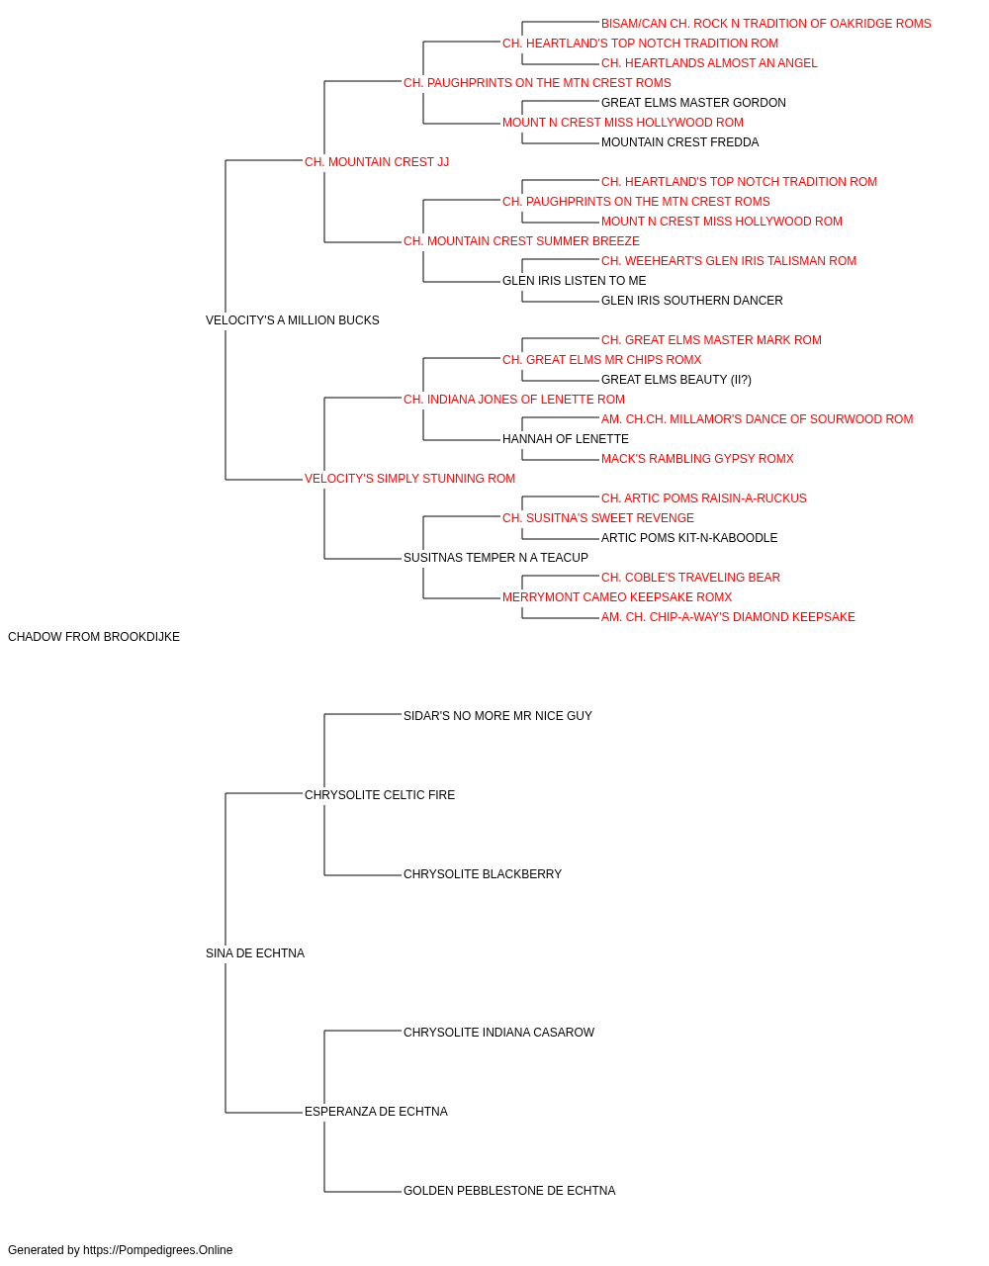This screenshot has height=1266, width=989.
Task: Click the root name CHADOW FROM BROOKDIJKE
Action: pyautogui.click(x=94, y=637)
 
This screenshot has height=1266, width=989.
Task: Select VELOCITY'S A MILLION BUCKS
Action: pyautogui.click(x=293, y=320)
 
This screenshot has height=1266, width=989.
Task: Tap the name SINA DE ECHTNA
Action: pyautogui.click(x=255, y=953)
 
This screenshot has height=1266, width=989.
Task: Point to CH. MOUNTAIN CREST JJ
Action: pyautogui.click(x=377, y=162)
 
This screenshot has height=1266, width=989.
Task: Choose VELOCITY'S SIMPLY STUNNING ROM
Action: pyautogui.click(x=410, y=479)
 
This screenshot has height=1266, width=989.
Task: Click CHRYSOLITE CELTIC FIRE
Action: pyautogui.click(x=380, y=794)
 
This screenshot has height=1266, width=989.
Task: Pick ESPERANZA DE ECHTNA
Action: pyautogui.click(x=376, y=1111)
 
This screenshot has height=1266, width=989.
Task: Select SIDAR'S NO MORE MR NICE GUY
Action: pyautogui.click(x=498, y=715)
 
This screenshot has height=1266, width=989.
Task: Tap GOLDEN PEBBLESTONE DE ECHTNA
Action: pyautogui.click(x=509, y=1190)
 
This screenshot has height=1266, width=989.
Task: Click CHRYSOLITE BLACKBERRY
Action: pyautogui.click(x=483, y=874)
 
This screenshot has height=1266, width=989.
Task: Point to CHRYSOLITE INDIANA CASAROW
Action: pyautogui.click(x=499, y=1032)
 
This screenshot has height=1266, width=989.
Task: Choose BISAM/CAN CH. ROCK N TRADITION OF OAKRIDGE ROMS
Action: pyautogui.click(x=765, y=24)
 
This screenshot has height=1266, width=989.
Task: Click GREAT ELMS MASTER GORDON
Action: pyautogui.click(x=693, y=103)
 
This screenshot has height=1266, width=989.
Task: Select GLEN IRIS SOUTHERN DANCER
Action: pyautogui.click(x=692, y=300)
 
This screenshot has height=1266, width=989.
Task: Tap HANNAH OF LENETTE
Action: pyautogui.click(x=566, y=439)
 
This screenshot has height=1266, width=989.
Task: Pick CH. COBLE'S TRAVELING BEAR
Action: pyautogui.click(x=690, y=578)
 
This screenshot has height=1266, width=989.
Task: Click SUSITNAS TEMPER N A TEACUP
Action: pyautogui.click(x=495, y=558)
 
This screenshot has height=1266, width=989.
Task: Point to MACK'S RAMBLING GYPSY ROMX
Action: pyautogui.click(x=697, y=459)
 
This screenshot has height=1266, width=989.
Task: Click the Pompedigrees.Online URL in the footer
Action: pyautogui.click(x=158, y=1250)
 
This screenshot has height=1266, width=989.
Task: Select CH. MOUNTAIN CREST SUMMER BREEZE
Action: pyautogui.click(x=522, y=241)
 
